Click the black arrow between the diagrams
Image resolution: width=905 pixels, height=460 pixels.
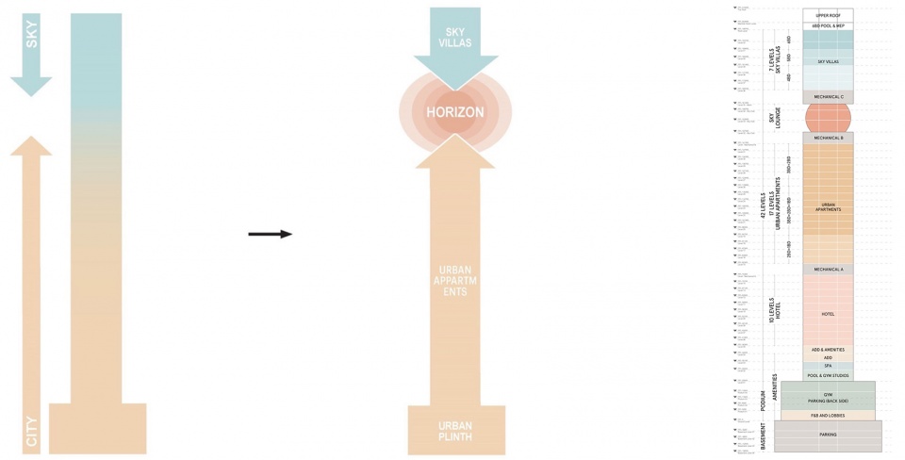[270, 234]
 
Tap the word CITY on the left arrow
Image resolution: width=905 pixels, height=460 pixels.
[31, 431]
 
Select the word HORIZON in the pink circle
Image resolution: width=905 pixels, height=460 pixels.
[454, 112]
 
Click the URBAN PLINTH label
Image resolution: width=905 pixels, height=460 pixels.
[454, 431]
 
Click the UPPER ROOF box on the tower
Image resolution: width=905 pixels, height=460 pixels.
[828, 15]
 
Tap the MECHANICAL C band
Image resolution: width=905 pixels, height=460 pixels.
[828, 97]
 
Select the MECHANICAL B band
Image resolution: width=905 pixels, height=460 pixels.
[828, 138]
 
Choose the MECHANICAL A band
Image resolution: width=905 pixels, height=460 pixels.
[828, 270]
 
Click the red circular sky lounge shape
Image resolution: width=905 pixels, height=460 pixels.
[828, 118]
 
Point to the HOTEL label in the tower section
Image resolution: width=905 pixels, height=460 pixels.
[828, 314]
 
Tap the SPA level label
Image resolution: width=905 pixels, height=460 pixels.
[828, 366]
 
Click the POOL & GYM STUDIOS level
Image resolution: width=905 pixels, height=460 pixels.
[828, 375]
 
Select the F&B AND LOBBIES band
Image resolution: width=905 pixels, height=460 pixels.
[828, 415]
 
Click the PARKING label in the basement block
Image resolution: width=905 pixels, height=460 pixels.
[828, 435]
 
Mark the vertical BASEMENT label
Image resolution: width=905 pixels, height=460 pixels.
[765, 435]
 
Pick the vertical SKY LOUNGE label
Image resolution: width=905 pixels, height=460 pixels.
[773, 117]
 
